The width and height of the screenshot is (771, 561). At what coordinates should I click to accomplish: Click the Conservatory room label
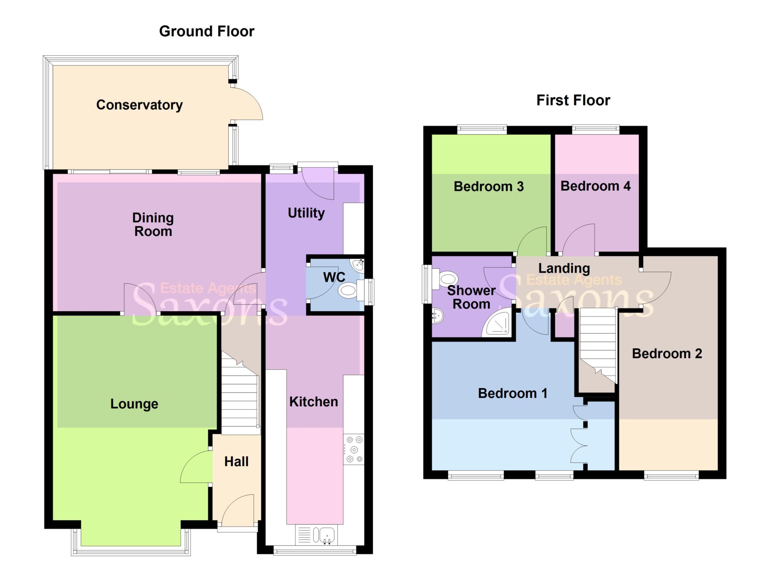coord(139,105)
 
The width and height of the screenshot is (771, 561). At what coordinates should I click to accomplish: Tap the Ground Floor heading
coord(207,31)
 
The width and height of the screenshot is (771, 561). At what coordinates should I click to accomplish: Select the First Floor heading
coord(573,100)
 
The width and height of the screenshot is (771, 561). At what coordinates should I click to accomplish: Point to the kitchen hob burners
coord(354,449)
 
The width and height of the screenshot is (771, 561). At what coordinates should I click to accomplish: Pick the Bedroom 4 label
coord(596,186)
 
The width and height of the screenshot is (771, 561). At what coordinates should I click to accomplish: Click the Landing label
coord(564,268)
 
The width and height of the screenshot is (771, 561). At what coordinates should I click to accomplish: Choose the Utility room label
coord(306,213)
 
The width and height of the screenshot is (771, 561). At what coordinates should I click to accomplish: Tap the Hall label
coord(236,462)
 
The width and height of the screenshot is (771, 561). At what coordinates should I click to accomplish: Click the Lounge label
coord(134,404)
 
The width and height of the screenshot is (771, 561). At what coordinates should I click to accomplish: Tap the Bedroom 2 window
coord(671,475)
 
